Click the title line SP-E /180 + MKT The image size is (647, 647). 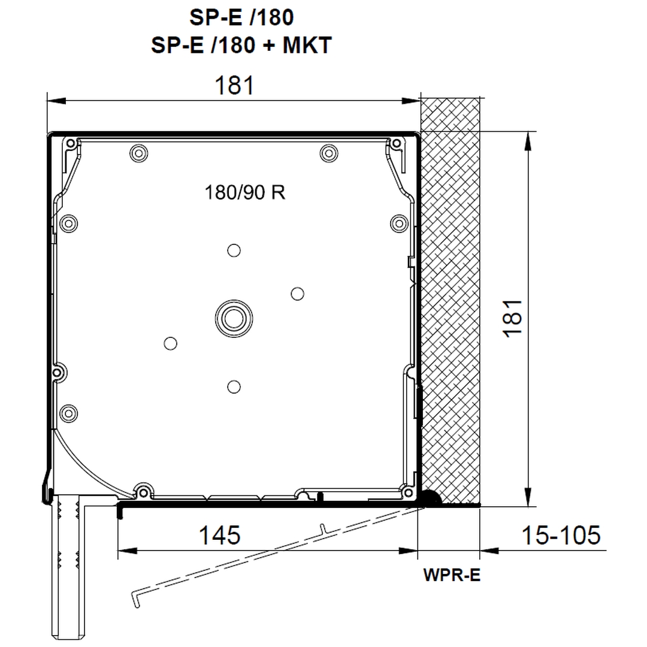pos(241,45)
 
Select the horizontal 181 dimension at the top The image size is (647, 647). pos(234,86)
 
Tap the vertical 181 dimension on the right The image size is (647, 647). pos(513,319)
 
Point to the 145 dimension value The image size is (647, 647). pos(219,535)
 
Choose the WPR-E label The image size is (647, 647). pos(452,575)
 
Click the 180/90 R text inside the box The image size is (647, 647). pos(244,192)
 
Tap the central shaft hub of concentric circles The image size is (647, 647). pos(234,319)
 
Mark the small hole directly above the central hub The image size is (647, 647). pos(234,250)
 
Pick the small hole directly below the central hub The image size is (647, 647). pos(234,387)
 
